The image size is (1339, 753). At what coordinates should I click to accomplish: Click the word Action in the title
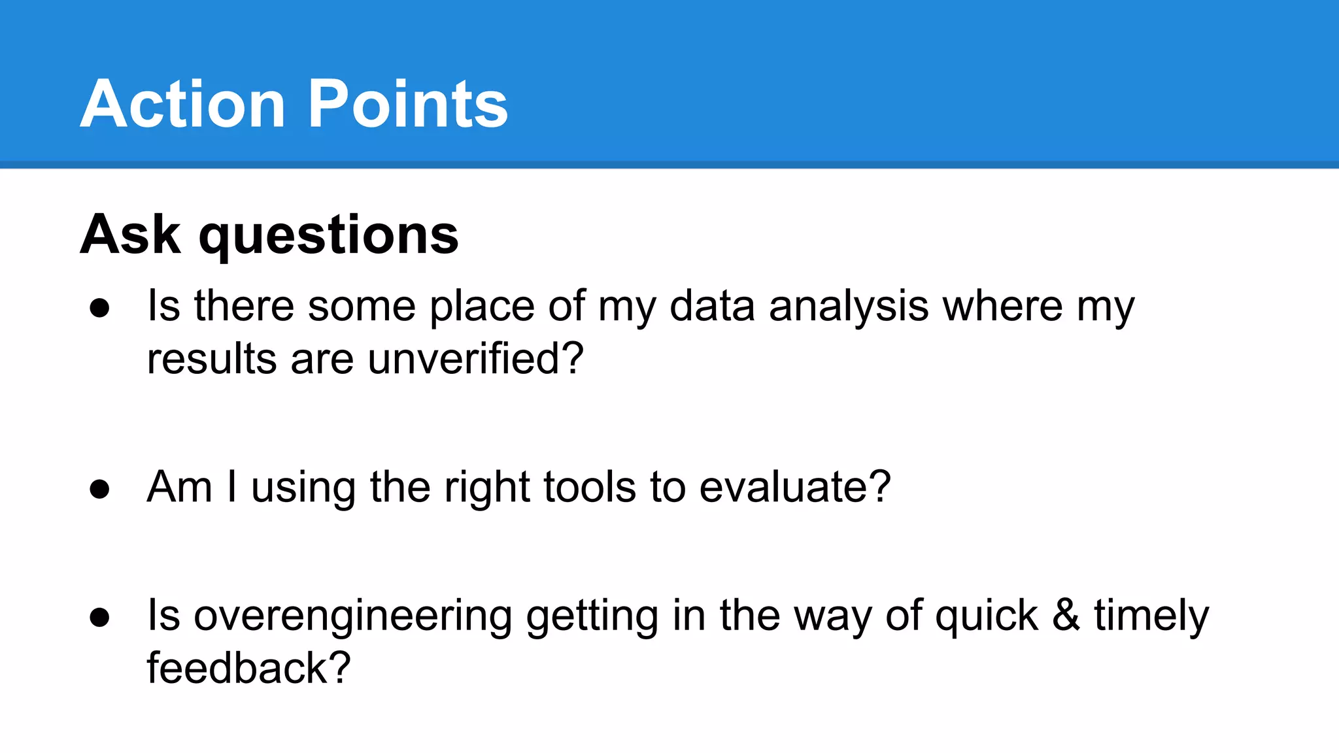(x=183, y=105)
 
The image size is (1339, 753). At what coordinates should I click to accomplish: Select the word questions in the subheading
(x=328, y=237)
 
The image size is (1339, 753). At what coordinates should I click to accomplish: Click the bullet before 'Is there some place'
(x=99, y=308)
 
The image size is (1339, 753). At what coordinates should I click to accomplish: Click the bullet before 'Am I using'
(x=99, y=489)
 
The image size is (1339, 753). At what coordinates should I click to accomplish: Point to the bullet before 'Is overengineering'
(x=99, y=617)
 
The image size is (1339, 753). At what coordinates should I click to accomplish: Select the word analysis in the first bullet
(x=848, y=307)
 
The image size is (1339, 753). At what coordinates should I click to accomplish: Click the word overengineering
(x=353, y=617)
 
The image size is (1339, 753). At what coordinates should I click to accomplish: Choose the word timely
(x=1151, y=617)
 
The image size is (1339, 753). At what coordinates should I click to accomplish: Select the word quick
(x=986, y=617)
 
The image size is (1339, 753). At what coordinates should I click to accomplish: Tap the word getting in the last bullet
(x=592, y=617)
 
